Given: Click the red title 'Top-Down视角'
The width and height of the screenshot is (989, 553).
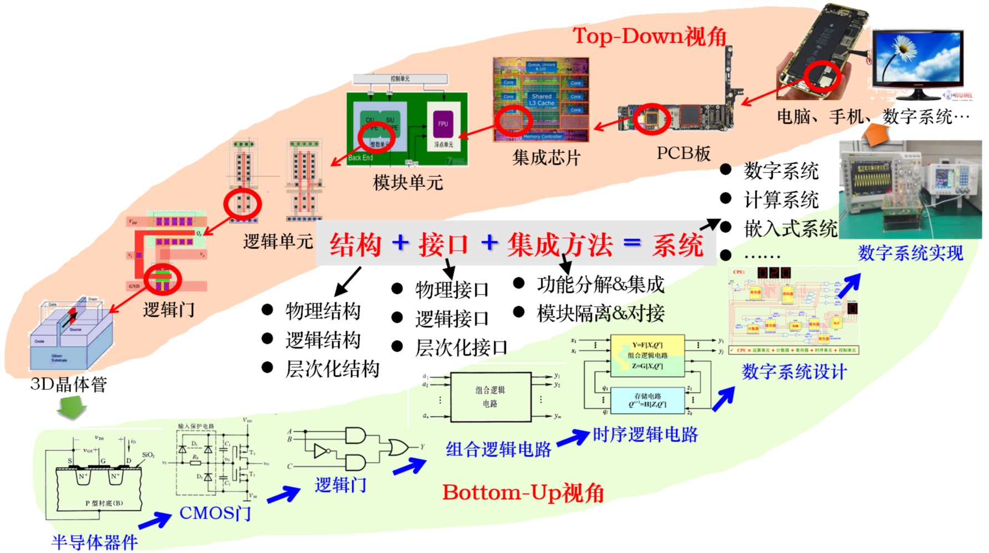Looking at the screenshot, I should point(650,36).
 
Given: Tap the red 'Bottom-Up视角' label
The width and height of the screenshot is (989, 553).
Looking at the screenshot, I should point(523,493).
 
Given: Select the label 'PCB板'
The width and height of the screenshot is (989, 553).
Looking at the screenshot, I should point(683,154).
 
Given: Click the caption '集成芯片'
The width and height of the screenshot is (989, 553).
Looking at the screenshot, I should point(546,158).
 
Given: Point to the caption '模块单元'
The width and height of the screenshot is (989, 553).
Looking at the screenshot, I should point(408,182).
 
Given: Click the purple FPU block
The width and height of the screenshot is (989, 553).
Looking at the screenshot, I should point(443,124).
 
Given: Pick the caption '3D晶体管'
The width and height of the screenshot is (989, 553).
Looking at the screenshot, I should point(69,384).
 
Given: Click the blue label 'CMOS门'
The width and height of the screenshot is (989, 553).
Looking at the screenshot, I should point(215,513).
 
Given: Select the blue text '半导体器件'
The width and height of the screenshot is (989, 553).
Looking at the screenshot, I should point(94,542).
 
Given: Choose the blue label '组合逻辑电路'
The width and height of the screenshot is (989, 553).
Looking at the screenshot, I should point(498,449).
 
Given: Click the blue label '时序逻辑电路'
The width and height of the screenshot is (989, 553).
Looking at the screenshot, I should point(645,435).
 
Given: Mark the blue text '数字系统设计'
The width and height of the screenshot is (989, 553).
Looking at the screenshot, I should point(794,372).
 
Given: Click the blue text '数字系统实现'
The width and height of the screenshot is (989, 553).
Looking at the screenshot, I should point(910,253).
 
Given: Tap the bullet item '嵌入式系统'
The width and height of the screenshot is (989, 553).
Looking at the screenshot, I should point(790,229).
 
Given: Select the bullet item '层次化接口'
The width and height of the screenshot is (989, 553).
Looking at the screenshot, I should point(461,348).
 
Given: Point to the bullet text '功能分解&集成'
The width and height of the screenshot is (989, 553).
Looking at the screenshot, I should point(600,285).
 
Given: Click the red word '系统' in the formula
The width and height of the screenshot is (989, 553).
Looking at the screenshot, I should point(677,245).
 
